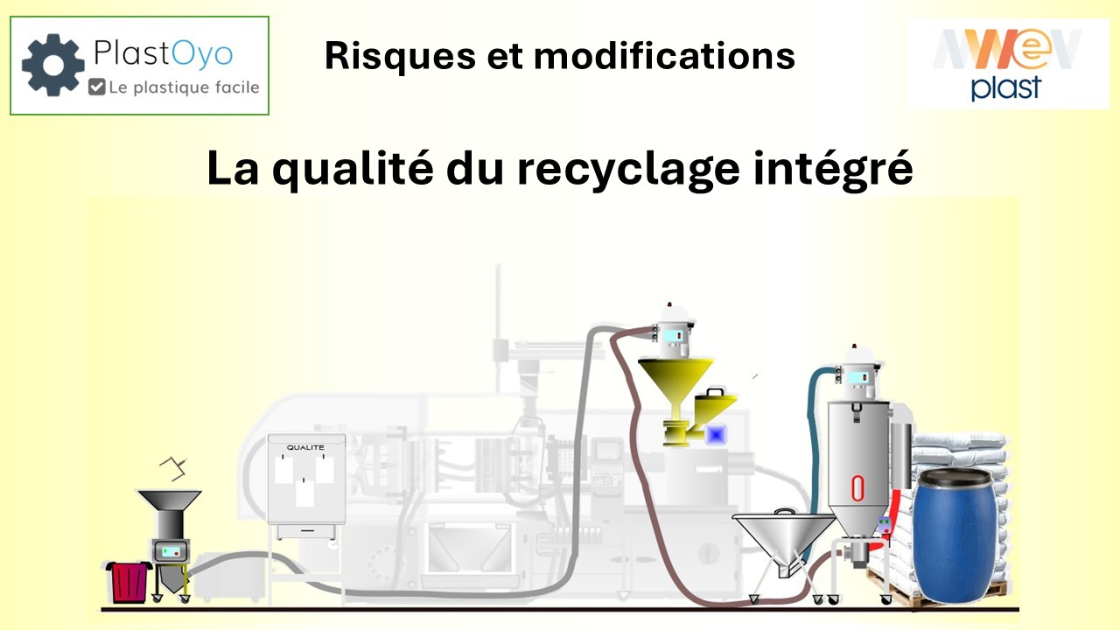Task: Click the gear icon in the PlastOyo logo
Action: pos(53,65)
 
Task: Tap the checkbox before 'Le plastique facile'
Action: pos(97,87)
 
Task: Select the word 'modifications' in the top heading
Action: pos(664,56)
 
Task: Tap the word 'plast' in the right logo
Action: pos(1005,87)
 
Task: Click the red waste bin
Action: pos(128,581)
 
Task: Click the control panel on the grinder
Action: pos(171,551)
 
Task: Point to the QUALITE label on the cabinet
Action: pos(305,447)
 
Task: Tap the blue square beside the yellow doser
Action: pos(717,433)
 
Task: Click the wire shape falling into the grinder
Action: pos(176,468)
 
